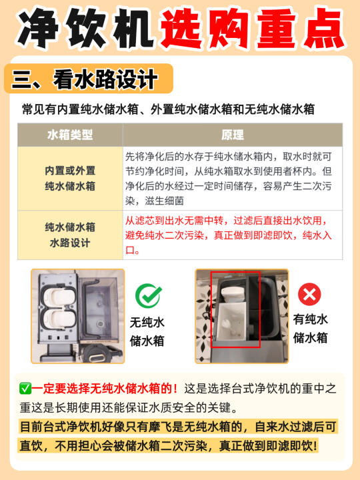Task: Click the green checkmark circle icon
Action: point(149,295)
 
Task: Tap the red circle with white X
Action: point(309,294)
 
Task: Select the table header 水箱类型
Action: point(70,135)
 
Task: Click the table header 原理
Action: point(233,135)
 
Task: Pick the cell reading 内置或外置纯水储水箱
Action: point(70,178)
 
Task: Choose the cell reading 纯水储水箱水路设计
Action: point(70,235)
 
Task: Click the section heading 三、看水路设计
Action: point(85,79)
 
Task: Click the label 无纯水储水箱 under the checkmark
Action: point(147,331)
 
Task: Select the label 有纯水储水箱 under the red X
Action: point(310,329)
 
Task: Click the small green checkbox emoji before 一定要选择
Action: point(25,389)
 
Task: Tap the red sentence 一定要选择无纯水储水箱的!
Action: point(105,389)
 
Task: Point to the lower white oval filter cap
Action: point(59,319)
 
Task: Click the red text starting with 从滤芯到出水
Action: point(228,235)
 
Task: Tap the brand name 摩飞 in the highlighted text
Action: point(160,427)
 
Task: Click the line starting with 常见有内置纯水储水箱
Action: point(168,109)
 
